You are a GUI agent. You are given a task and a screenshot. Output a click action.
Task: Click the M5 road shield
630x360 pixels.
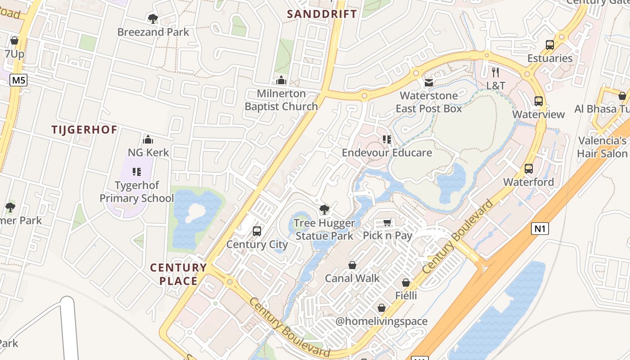point(18,81)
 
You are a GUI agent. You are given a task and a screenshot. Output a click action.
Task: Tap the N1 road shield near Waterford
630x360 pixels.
point(540,229)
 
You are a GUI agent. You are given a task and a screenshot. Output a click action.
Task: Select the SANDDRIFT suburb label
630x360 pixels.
point(322,14)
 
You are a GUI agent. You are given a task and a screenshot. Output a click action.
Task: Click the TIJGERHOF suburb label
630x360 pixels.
point(84,130)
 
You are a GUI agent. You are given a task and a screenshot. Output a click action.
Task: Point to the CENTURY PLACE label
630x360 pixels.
point(178,274)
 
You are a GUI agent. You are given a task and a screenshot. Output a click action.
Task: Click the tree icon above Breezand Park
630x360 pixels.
point(153,19)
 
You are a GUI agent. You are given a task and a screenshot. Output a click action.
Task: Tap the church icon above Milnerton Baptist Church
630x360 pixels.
point(281,81)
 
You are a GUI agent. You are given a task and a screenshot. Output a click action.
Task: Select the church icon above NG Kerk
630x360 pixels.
point(148,139)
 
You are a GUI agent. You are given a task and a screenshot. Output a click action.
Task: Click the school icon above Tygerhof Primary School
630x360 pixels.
point(137,171)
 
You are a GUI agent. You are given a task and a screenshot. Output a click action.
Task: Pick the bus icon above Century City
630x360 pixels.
point(257,231)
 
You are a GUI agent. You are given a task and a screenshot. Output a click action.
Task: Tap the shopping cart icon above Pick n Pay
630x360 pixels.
point(387,222)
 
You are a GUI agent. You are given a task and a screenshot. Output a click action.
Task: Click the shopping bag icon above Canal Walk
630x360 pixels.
point(352,265)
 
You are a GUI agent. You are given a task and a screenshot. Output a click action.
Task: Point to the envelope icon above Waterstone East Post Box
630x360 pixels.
point(428,83)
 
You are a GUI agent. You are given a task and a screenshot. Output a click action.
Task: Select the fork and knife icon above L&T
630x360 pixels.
point(495,72)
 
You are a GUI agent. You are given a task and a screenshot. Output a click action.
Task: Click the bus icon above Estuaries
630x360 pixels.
point(550,45)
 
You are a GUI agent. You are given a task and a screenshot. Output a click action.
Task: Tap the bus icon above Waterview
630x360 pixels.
point(539,101)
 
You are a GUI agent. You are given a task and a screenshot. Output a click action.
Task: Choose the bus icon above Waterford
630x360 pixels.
point(529,169)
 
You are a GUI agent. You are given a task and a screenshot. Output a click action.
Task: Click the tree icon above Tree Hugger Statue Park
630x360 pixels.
point(324,209)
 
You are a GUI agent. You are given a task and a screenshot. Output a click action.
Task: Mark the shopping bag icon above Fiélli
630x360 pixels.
point(406,283)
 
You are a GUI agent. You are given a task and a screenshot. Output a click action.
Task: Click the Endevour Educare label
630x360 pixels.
point(387,153)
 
